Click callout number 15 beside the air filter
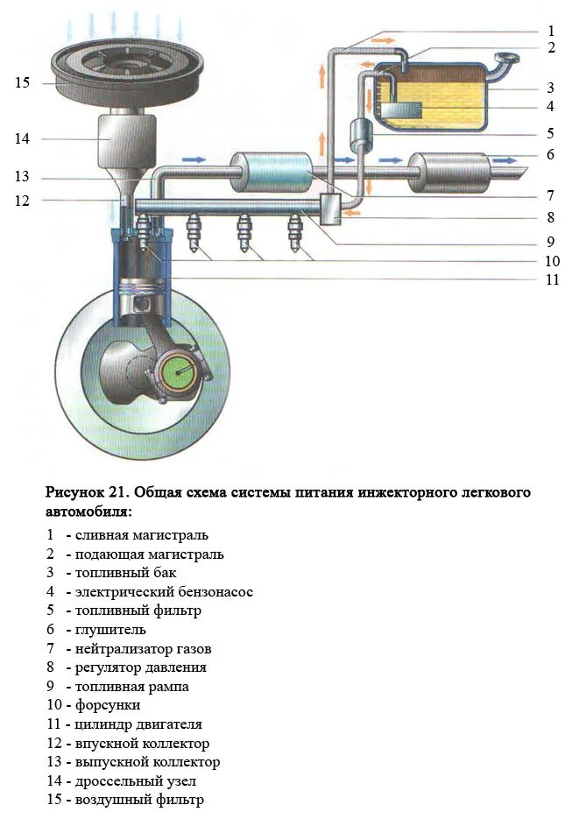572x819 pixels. coord(23,83)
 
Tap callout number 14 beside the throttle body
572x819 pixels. coord(23,138)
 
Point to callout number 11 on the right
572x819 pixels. coord(552,280)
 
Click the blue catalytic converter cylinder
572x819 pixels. coord(272,171)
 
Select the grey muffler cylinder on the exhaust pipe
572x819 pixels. coord(449,171)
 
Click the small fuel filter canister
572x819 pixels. coord(362,134)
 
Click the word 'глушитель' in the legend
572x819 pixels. coord(111,629)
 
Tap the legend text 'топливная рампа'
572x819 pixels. coord(131,687)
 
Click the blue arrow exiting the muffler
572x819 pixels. coord(505,160)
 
